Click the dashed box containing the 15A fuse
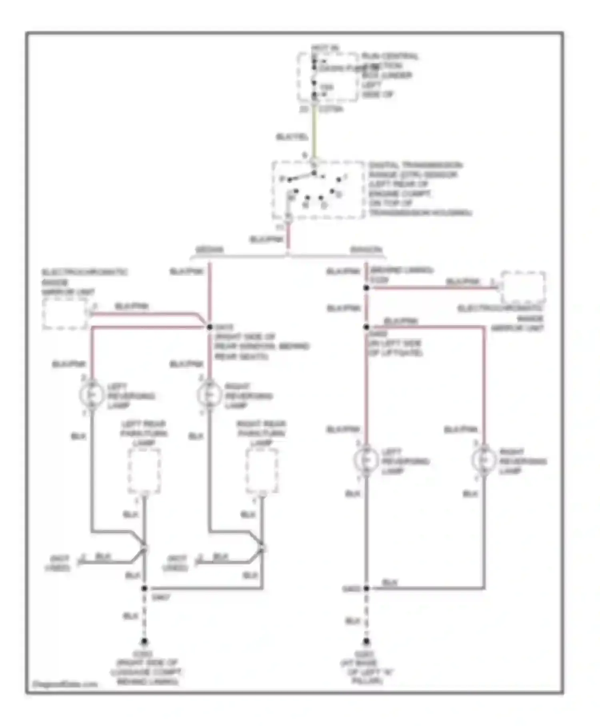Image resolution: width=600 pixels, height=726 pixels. point(328,76)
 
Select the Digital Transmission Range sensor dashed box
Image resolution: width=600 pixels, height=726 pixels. point(318,191)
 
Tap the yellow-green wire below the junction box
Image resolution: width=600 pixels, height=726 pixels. point(314,132)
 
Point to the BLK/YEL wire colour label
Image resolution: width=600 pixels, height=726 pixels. point(292,137)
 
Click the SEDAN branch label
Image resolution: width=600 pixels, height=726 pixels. point(209,250)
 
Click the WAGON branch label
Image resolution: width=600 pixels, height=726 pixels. point(366,250)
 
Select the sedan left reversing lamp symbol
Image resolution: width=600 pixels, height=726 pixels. point(92,395)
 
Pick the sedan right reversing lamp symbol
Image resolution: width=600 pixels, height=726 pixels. point(209,395)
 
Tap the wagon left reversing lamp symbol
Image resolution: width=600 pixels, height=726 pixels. point(366,460)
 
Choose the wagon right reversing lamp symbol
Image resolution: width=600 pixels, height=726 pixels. point(484,460)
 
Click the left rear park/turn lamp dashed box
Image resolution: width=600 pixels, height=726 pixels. point(144,471)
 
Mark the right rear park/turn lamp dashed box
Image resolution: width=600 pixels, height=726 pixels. point(262,471)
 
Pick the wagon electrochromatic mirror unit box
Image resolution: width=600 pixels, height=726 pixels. point(523,287)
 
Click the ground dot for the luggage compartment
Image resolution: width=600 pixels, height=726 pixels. point(144,642)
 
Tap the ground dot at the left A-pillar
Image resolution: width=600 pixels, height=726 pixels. point(366,642)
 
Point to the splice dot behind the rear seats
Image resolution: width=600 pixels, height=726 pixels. point(209,327)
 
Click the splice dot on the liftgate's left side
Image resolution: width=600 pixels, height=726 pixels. point(366,327)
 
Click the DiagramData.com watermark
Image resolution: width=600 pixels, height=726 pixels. point(65,684)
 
